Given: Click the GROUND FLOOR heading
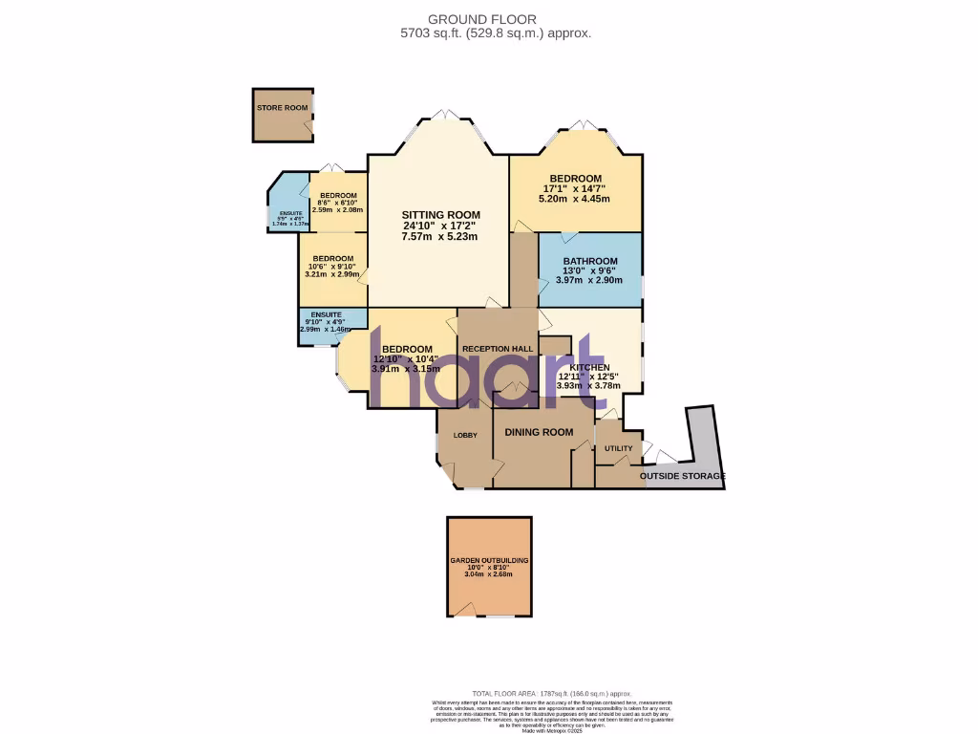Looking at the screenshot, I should point(495,18).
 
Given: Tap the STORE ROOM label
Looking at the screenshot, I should point(282,108).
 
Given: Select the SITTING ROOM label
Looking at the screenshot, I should point(440,214).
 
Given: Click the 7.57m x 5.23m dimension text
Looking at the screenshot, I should point(440,237).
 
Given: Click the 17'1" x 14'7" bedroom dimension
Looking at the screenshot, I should point(575,190).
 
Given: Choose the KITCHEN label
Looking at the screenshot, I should point(589,367).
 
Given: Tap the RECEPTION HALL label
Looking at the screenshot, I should point(497,349).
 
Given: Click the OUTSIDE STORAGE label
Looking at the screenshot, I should point(682,476).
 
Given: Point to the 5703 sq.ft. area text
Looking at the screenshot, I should point(495,32).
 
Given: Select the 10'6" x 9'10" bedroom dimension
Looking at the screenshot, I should point(332,267).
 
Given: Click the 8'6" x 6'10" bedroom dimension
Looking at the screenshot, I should point(338,202).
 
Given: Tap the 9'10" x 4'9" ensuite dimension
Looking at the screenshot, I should point(324,322).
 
